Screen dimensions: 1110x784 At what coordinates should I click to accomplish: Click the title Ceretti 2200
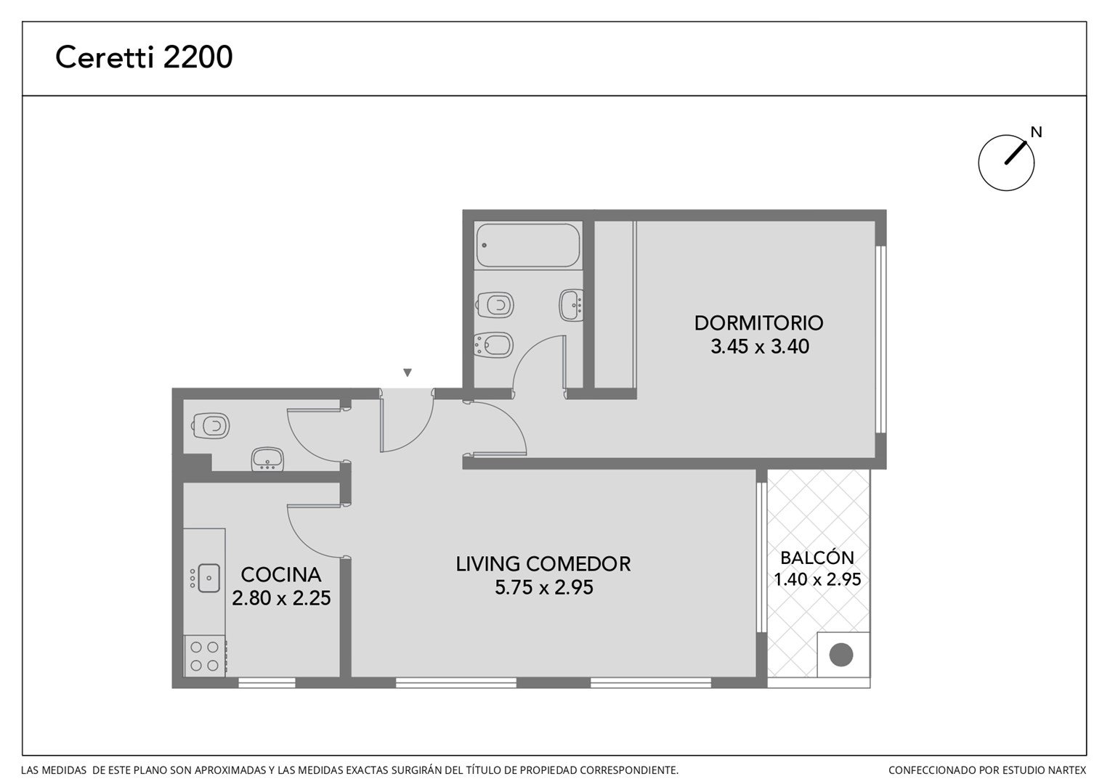point(144,57)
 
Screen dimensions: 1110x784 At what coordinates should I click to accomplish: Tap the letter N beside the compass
point(1036,132)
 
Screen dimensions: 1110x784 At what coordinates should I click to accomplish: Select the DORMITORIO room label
point(758,323)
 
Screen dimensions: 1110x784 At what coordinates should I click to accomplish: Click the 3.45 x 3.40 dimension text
point(760,346)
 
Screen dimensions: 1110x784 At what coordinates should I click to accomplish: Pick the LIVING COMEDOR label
point(543,564)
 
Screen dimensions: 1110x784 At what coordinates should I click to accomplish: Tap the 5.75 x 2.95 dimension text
point(543,587)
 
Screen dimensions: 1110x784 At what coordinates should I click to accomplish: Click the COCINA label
point(281,574)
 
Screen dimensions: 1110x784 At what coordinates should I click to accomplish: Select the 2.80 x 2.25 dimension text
point(281,597)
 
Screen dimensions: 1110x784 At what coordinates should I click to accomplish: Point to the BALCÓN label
point(817,558)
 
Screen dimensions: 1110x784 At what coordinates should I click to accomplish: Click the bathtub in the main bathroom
point(527,245)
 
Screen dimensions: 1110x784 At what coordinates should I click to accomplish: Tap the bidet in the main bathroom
point(493,345)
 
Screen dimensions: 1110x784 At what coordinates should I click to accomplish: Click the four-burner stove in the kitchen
point(205,656)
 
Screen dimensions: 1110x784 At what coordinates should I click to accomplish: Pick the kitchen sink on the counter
point(208,578)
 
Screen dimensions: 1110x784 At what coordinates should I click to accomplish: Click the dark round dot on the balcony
point(841,655)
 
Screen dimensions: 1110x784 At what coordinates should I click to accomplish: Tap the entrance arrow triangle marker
point(408,372)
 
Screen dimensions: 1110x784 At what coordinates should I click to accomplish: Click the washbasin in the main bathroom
point(572,305)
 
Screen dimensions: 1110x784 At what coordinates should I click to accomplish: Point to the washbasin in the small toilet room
point(267,460)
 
